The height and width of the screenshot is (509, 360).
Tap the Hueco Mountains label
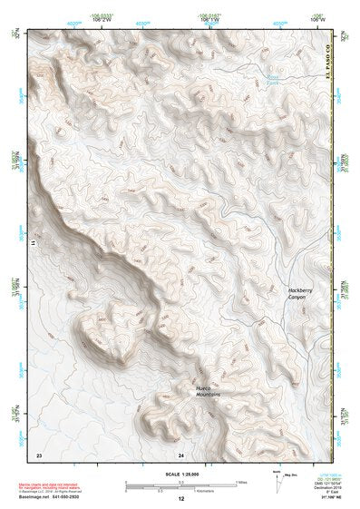[211, 391]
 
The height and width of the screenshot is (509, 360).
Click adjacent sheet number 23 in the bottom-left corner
[38, 454]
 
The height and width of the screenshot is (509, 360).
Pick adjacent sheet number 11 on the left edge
[34, 243]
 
